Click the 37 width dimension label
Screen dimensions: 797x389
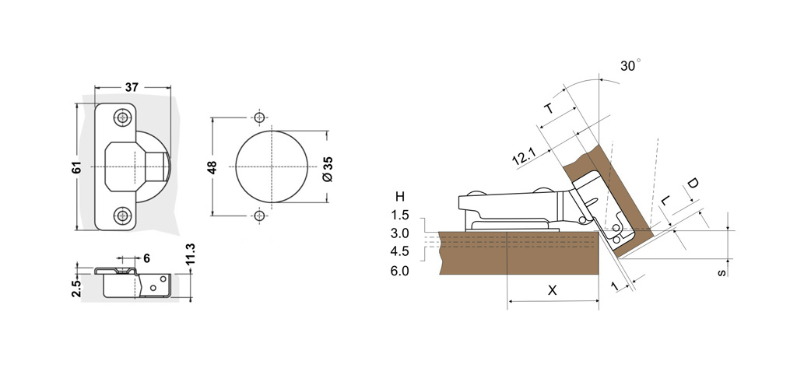click(132, 87)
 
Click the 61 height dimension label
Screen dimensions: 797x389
click(76, 167)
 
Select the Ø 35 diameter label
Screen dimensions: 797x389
click(328, 169)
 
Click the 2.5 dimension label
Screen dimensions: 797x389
click(76, 288)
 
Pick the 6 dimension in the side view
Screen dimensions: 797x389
click(146, 258)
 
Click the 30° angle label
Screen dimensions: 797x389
click(630, 65)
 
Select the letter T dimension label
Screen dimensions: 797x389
click(549, 108)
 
